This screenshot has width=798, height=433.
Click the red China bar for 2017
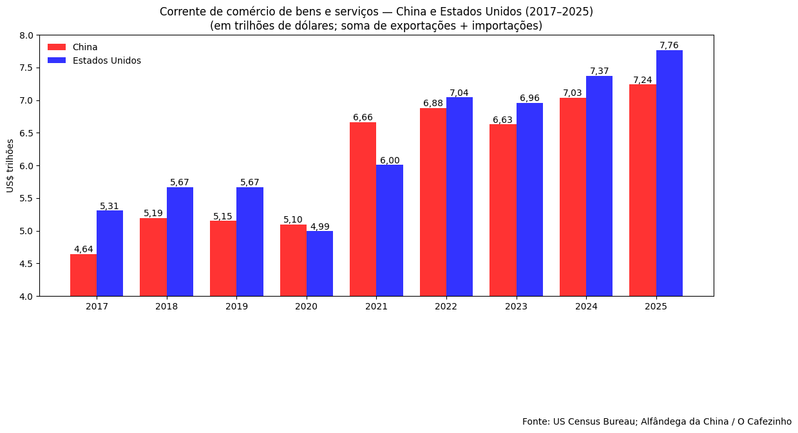pyautogui.click(x=83, y=275)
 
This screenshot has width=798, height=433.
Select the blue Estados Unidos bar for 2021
pyautogui.click(x=390, y=230)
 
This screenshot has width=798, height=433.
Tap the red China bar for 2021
pyautogui.click(x=363, y=209)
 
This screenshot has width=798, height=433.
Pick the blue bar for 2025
pyautogui.click(x=669, y=173)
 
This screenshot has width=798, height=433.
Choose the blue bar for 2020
pyautogui.click(x=319, y=263)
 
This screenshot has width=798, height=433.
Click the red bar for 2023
pyautogui.click(x=503, y=210)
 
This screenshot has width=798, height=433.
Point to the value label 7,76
pyautogui.click(x=669, y=45)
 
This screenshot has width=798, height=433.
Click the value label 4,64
pyautogui.click(x=83, y=249)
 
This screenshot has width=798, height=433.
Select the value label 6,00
pyautogui.click(x=390, y=160)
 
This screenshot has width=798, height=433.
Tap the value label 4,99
pyautogui.click(x=319, y=226)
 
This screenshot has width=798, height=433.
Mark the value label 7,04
pyautogui.click(x=459, y=93)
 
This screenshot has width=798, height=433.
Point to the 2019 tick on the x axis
pyautogui.click(x=236, y=306)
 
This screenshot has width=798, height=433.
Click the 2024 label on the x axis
pyautogui.click(x=586, y=306)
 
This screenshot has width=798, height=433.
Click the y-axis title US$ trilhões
pyautogui.click(x=10, y=165)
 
